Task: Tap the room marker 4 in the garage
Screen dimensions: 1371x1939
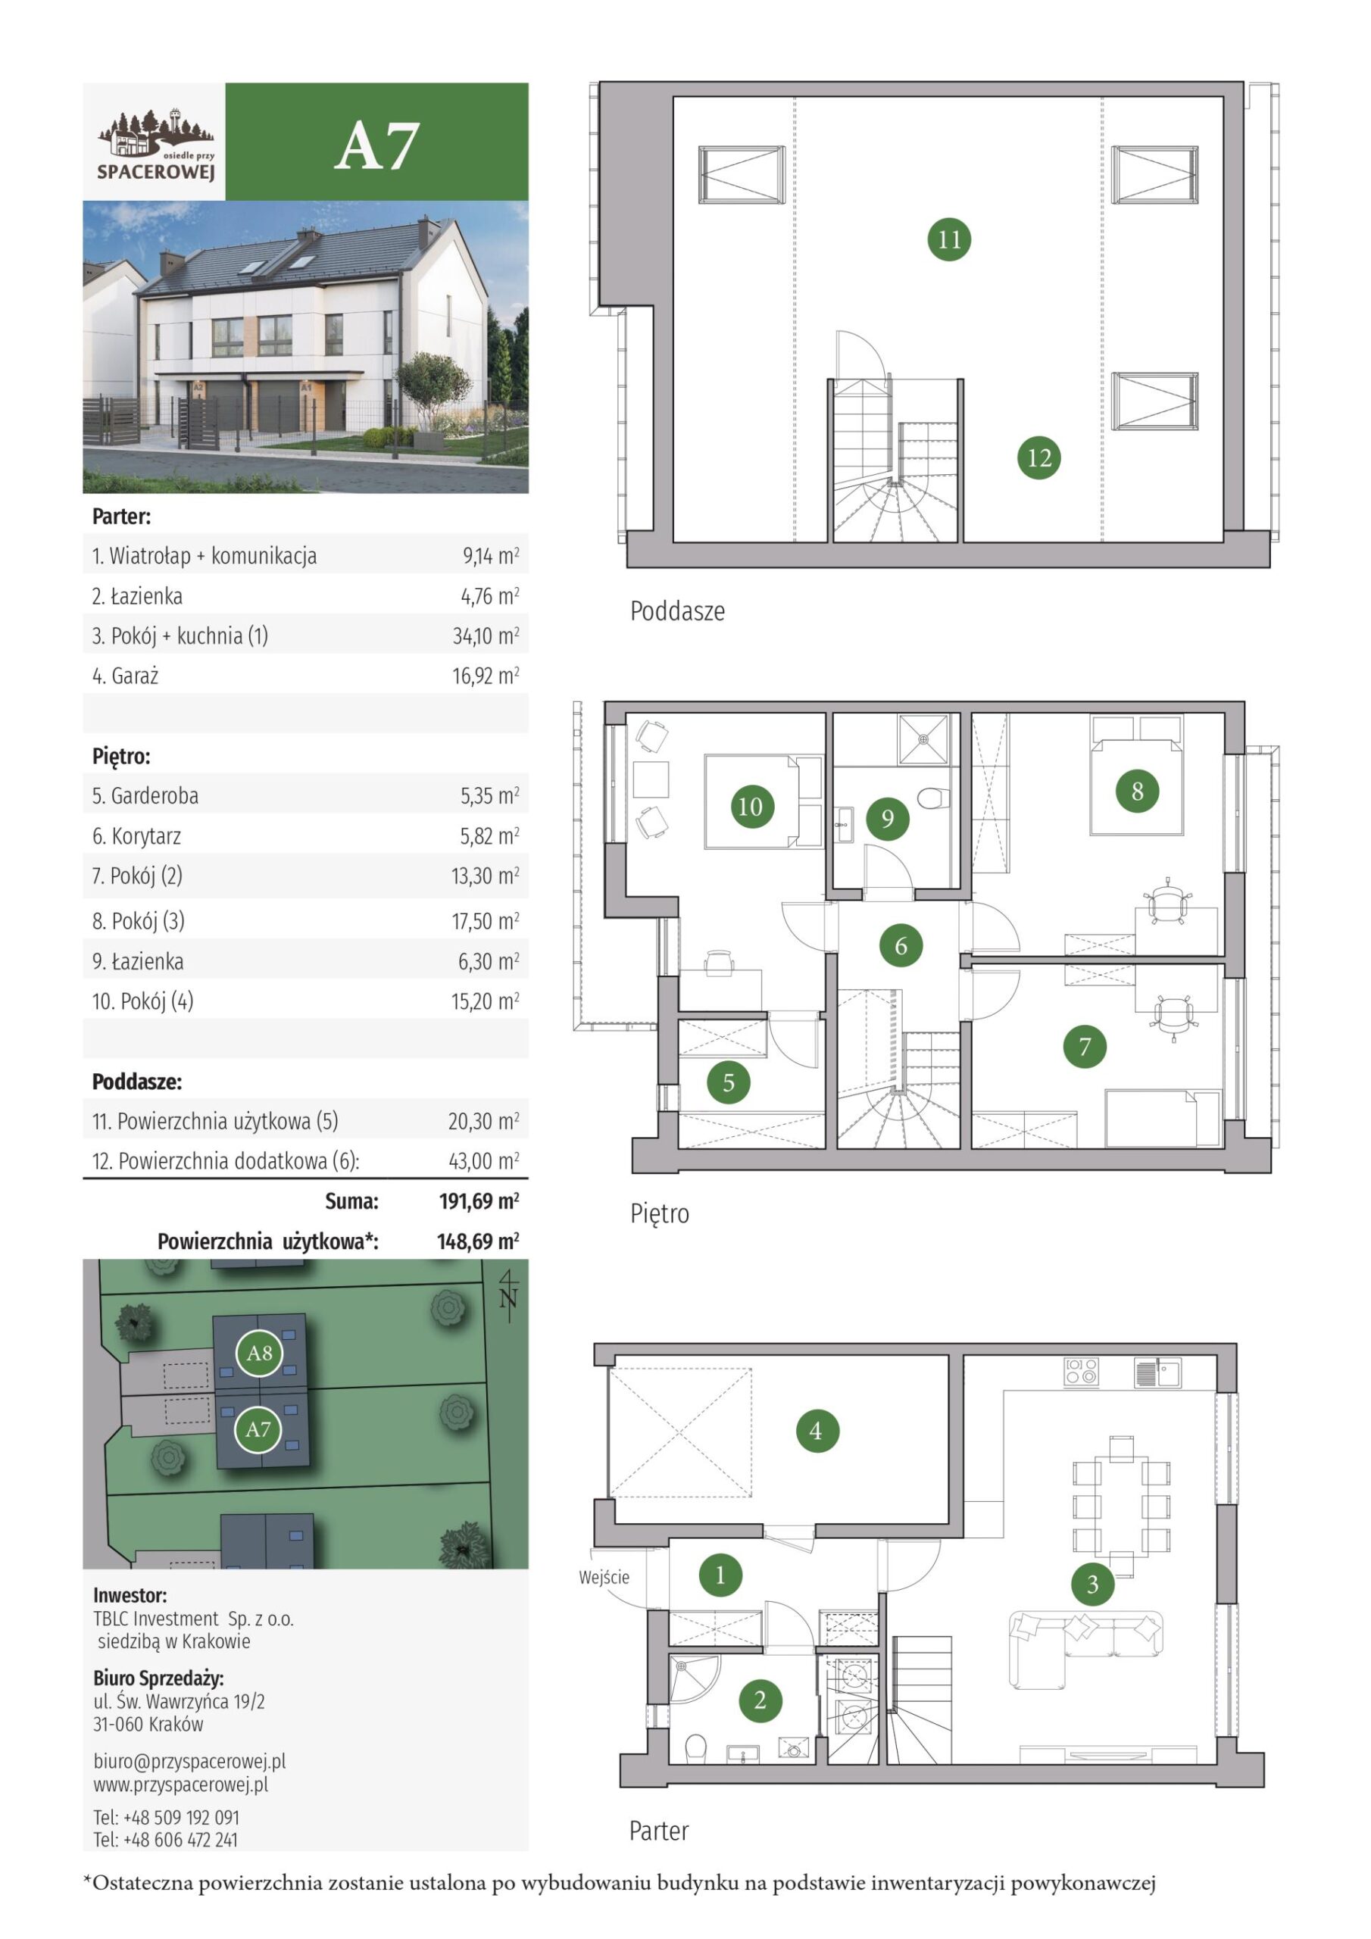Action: coord(815,1431)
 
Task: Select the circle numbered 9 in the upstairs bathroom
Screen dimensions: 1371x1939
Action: coord(887,817)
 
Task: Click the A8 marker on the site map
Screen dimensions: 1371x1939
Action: coord(258,1353)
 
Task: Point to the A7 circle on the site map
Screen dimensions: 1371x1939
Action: coord(258,1429)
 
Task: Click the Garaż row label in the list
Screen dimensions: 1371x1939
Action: coord(125,676)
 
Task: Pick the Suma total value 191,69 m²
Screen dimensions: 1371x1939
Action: coord(479,1201)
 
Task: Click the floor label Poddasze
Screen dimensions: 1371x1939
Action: coord(677,610)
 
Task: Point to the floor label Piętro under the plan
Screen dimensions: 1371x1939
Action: coord(660,1213)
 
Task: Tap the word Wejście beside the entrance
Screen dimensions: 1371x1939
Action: coord(604,1577)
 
